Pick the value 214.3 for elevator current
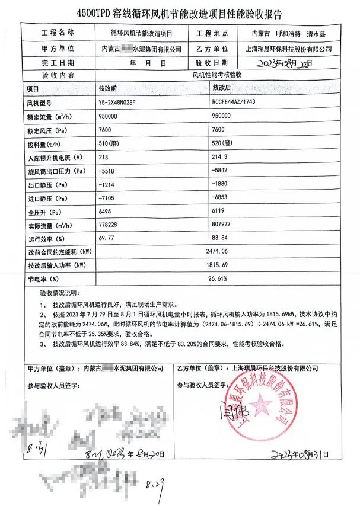click(x=219, y=157)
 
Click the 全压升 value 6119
click(x=218, y=212)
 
